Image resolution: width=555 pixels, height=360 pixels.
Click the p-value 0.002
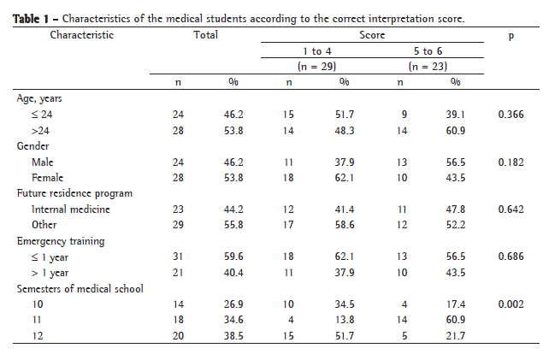click(511, 304)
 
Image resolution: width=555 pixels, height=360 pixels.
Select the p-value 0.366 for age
click(511, 113)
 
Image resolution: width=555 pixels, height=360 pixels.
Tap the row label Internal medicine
click(70, 209)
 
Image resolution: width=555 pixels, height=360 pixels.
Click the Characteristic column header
click(82, 35)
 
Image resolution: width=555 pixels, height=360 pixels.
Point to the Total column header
click(205, 35)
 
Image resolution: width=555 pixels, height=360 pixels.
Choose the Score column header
click(372, 35)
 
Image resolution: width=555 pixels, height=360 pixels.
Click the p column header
click(511, 35)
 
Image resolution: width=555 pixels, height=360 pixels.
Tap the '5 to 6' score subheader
click(428, 51)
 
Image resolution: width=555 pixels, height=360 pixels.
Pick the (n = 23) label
click(428, 65)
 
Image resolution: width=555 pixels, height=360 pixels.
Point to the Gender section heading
click(32, 145)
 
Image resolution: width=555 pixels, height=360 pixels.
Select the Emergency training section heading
click(61, 240)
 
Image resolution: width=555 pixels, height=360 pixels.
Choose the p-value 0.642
click(511, 209)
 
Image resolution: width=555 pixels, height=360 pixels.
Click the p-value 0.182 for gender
click(511, 161)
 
